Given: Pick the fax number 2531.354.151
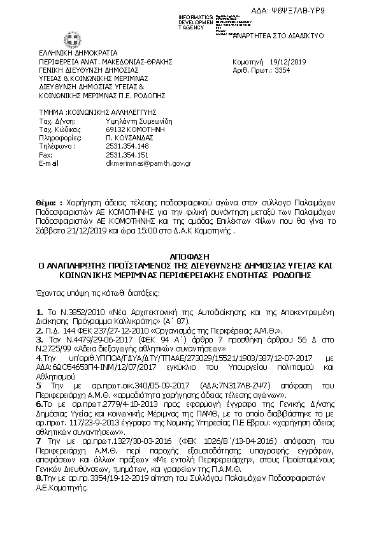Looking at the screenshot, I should [127, 154].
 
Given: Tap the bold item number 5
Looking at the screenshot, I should [39, 386].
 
